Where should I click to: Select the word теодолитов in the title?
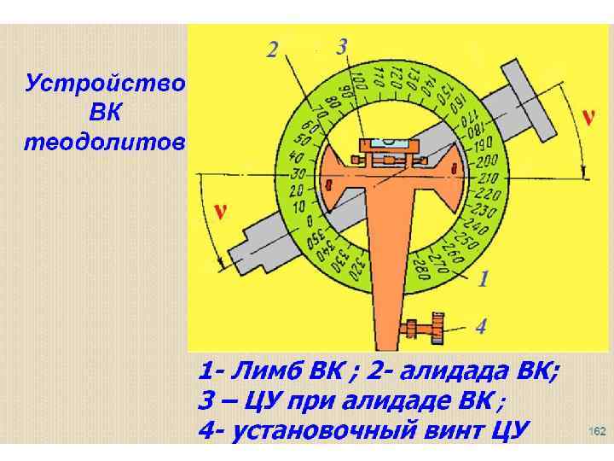[x=103, y=143]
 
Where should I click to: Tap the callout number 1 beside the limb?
[x=484, y=278]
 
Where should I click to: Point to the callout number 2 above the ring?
[x=271, y=50]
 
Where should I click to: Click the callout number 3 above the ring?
[x=341, y=46]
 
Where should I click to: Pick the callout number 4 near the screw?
[x=481, y=326]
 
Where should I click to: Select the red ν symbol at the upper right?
[x=587, y=117]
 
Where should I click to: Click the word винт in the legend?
[x=448, y=428]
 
